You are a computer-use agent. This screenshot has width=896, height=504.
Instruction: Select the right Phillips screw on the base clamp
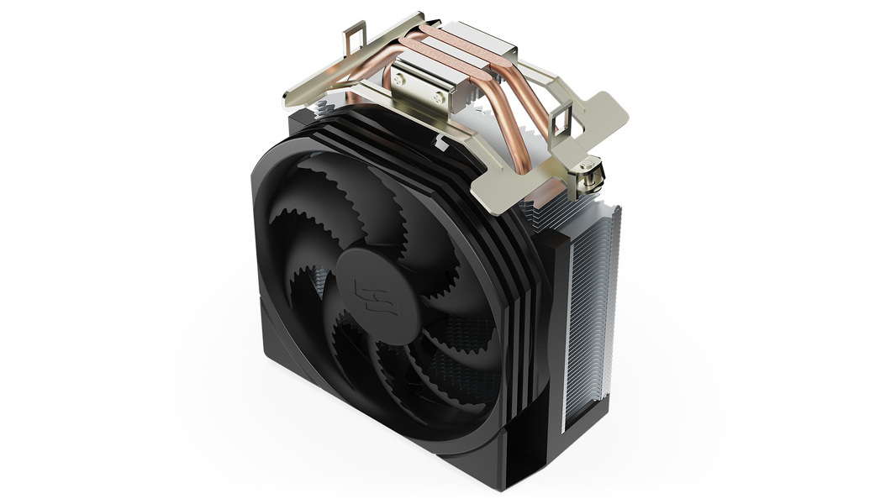438,97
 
